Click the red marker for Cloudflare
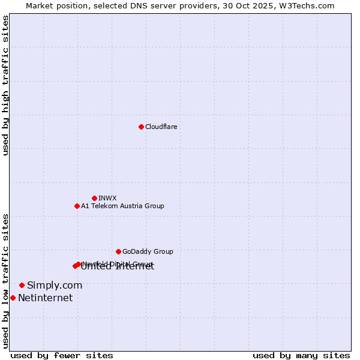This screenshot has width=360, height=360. point(141,127)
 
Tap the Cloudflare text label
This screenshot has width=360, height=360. point(161,127)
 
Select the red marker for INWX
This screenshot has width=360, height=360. point(94,198)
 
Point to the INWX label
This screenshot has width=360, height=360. point(107,198)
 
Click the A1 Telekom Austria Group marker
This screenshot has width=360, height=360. point(77,206)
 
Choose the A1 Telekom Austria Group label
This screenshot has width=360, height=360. point(122,206)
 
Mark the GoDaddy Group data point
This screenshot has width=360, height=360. point(118,251)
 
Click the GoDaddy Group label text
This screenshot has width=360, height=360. point(148,251)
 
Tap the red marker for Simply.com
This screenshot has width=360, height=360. point(22,285)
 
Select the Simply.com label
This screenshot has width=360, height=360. point(55,285)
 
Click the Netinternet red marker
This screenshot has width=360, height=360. point(13,298)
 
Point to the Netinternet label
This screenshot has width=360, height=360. point(45,298)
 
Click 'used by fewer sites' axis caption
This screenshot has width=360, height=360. point(62,355)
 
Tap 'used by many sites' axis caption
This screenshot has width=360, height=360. point(301,355)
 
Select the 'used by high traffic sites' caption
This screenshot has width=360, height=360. point(5,85)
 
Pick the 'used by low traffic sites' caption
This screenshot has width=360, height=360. point(5,281)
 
